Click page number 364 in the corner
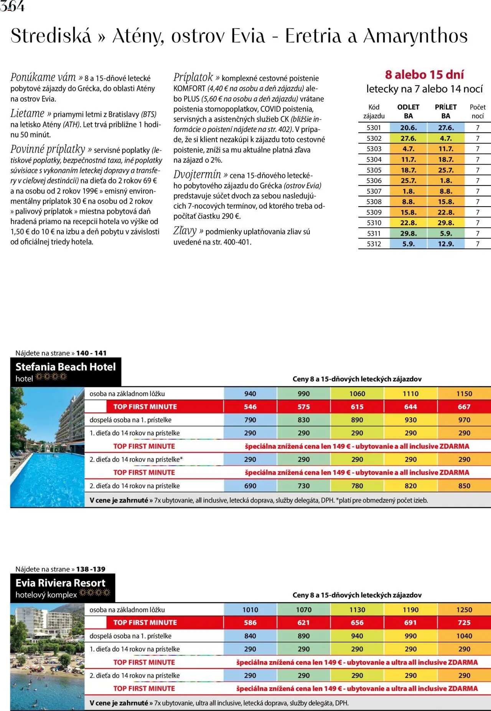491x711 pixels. (x=12, y=7)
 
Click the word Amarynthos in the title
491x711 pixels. (x=415, y=36)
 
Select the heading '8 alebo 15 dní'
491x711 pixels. (x=424, y=74)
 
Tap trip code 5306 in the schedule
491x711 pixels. (x=374, y=180)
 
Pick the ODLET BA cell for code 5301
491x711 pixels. (x=408, y=128)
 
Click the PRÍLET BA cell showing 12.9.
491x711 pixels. (x=445, y=244)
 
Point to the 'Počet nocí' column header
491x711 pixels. (x=477, y=111)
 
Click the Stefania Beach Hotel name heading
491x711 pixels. (x=66, y=367)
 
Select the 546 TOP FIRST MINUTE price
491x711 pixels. (x=250, y=407)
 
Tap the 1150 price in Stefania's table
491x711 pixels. (x=464, y=394)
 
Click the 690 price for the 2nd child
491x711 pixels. (x=250, y=486)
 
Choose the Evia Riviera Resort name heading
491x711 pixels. (x=60, y=583)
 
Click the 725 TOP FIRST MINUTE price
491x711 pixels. (x=464, y=623)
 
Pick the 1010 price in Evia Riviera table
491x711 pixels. (x=250, y=610)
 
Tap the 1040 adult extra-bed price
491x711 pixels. (x=464, y=636)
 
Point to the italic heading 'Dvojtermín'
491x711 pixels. (x=197, y=175)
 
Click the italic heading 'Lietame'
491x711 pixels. (x=28, y=114)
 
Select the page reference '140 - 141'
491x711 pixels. (x=91, y=353)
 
